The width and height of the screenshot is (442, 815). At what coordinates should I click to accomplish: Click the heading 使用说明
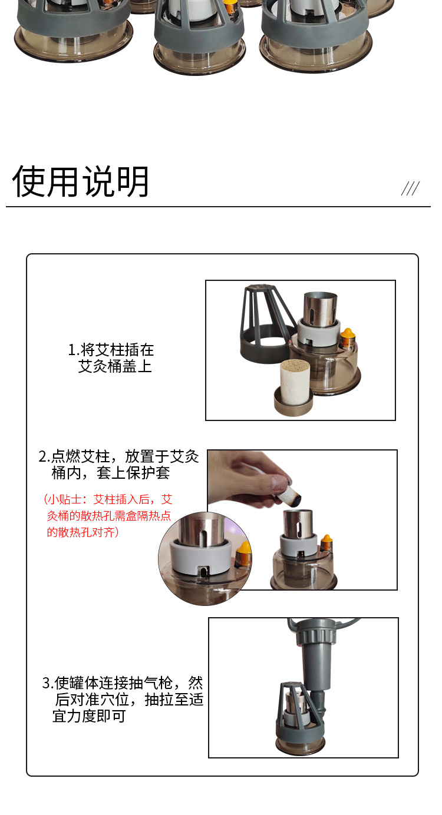click(81, 181)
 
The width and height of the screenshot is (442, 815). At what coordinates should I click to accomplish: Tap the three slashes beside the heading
click(410, 188)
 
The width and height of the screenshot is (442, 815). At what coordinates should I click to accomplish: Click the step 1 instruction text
click(111, 358)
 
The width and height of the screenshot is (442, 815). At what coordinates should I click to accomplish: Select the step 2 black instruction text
click(118, 465)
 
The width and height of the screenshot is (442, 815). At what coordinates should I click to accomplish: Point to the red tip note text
click(108, 516)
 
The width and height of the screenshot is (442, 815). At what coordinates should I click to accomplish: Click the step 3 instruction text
click(123, 699)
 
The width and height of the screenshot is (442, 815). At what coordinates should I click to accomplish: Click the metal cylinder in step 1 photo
click(321, 309)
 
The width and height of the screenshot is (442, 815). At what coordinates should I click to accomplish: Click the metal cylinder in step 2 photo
click(298, 524)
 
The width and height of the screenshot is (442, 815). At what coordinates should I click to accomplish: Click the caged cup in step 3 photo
click(299, 718)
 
